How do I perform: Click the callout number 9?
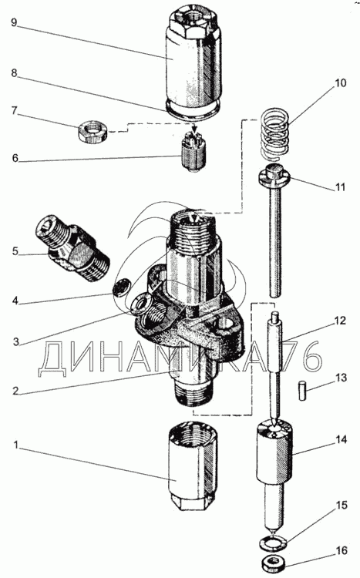(14, 23)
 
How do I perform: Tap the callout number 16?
(341, 550)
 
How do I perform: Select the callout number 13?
(341, 378)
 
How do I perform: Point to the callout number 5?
(15, 251)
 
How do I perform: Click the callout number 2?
(15, 391)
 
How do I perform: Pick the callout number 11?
(341, 187)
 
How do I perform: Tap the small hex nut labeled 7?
(92, 133)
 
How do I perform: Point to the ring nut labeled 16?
(274, 562)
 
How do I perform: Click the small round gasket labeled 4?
(120, 286)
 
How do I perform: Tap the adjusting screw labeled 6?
(193, 152)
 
